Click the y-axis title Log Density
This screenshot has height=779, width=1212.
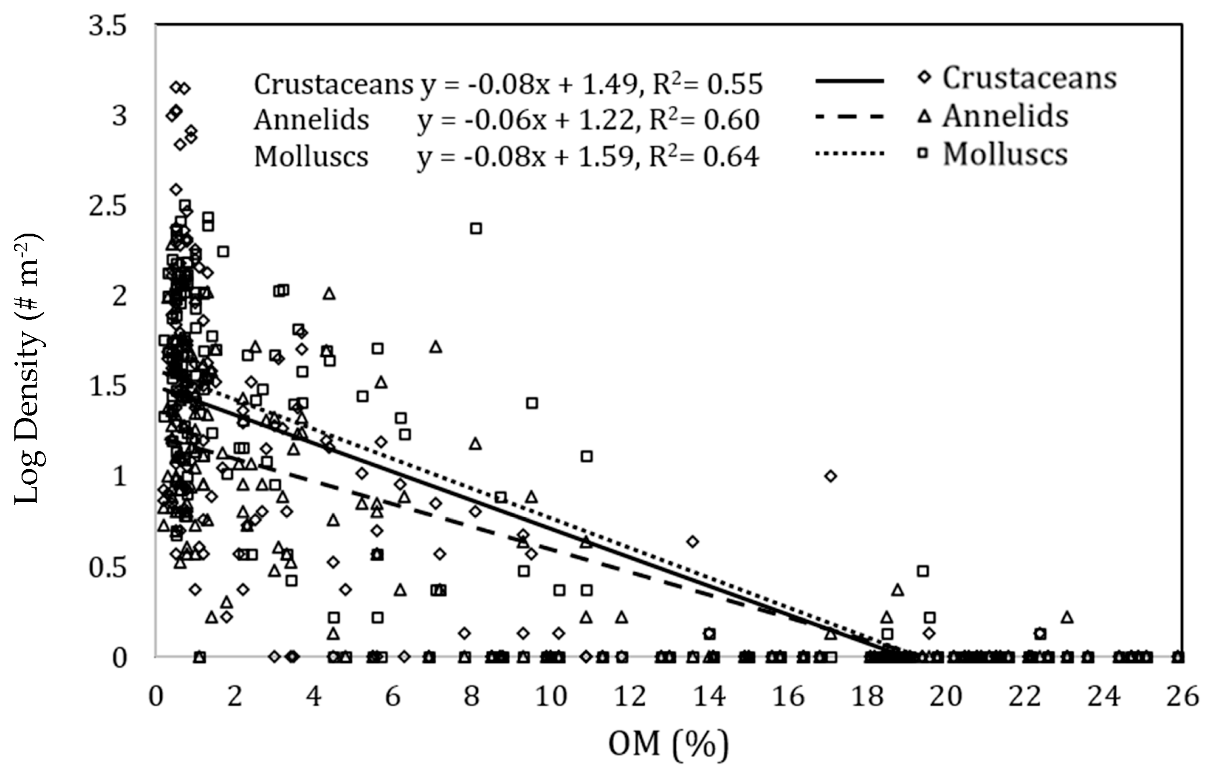tap(28, 369)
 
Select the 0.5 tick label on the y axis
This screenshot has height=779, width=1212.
tap(107, 568)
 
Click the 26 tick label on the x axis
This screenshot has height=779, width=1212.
tap(1182, 697)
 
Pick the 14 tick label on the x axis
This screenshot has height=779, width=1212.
tap(709, 697)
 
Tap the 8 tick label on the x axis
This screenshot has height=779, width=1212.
tap(472, 697)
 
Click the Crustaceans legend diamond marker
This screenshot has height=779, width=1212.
tap(925, 78)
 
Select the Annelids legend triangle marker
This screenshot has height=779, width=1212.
tap(925, 117)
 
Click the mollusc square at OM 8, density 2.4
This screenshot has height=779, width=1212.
tap(476, 228)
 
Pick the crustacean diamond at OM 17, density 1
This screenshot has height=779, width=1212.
tap(830, 476)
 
